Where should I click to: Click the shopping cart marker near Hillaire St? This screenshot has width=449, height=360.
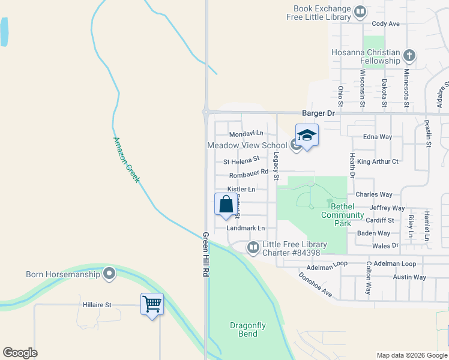pos(152,304)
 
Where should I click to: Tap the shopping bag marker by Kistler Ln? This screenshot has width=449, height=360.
pos(226,204)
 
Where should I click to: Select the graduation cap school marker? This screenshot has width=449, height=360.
pos(306,135)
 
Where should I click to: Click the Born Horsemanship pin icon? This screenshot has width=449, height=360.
pos(109,274)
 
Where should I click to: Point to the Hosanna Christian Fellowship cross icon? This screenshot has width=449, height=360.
pos(409,56)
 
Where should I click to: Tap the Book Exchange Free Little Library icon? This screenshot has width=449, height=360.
pos(360,12)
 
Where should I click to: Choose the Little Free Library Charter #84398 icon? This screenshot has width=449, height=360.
pos(253,247)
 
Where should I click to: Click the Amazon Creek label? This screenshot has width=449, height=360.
pos(126,160)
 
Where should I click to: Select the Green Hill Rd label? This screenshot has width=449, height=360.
pos(205,255)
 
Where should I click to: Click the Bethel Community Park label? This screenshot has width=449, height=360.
pos(343,215)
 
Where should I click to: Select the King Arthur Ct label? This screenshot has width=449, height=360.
pos(378,161)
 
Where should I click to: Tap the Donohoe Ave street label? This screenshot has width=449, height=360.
pos(316,284)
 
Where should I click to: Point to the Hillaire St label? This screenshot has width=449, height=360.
pos(96,305)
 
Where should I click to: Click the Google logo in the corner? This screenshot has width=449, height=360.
pos(20,353)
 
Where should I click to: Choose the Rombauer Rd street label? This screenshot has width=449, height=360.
pos(248,175)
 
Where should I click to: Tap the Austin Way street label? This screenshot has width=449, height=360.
pos(409,277)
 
